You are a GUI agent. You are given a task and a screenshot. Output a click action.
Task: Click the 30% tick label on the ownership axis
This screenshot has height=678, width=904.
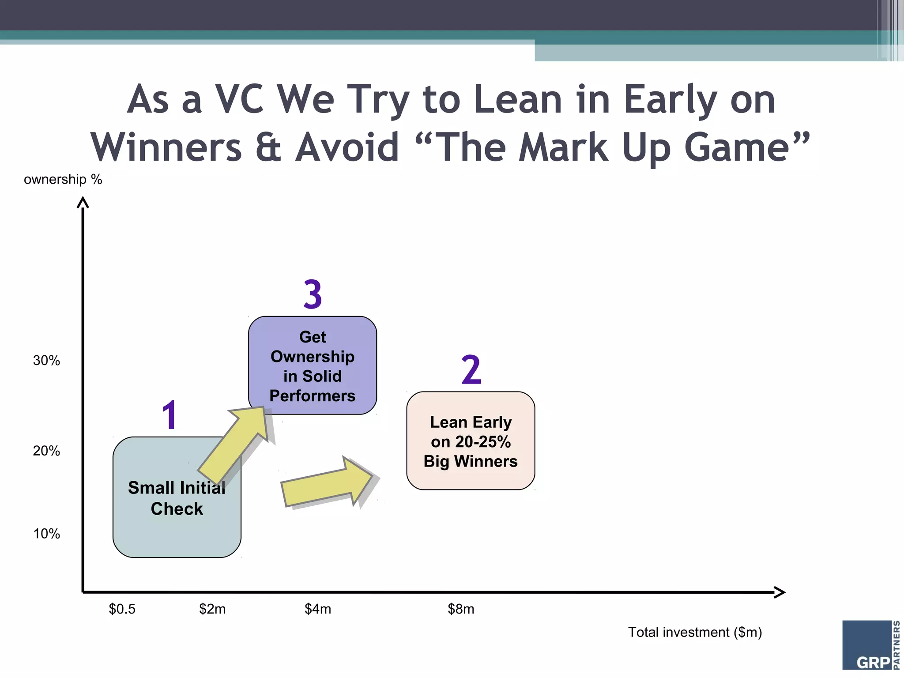click(46, 361)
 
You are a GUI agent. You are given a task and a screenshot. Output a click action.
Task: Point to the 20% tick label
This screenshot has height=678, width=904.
click(46, 451)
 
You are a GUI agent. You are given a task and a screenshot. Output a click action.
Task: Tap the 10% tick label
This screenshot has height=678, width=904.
click(46, 534)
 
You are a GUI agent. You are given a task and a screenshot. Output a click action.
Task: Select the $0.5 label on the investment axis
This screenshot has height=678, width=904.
click(122, 609)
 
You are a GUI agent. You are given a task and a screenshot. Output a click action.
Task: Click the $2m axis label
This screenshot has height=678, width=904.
click(212, 609)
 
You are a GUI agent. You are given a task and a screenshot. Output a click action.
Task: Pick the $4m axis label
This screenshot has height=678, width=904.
click(318, 609)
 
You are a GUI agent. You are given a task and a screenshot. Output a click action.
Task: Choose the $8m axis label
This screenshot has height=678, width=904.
click(461, 609)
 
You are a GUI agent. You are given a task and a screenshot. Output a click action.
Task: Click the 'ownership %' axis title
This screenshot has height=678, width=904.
click(63, 180)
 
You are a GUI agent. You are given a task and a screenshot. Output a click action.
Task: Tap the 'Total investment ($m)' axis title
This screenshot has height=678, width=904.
click(695, 633)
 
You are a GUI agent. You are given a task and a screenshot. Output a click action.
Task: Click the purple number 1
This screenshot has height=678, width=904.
click(170, 415)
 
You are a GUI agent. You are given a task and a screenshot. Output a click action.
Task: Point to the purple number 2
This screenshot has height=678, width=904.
click(471, 370)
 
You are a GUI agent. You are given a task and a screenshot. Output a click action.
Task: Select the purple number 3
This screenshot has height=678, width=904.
click(313, 294)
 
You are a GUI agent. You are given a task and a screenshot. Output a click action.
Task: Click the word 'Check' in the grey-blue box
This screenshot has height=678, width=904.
click(177, 509)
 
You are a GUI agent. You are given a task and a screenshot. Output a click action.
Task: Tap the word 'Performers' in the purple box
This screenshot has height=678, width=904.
click(312, 396)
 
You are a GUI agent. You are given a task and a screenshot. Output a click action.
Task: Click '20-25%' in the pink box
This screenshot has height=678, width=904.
click(483, 442)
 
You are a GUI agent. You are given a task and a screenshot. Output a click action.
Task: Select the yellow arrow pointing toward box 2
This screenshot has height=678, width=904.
click(327, 483)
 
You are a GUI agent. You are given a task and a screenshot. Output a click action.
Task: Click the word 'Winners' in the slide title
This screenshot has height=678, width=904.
click(166, 147)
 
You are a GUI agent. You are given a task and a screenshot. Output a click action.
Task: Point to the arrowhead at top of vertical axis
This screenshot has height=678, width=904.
click(83, 202)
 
